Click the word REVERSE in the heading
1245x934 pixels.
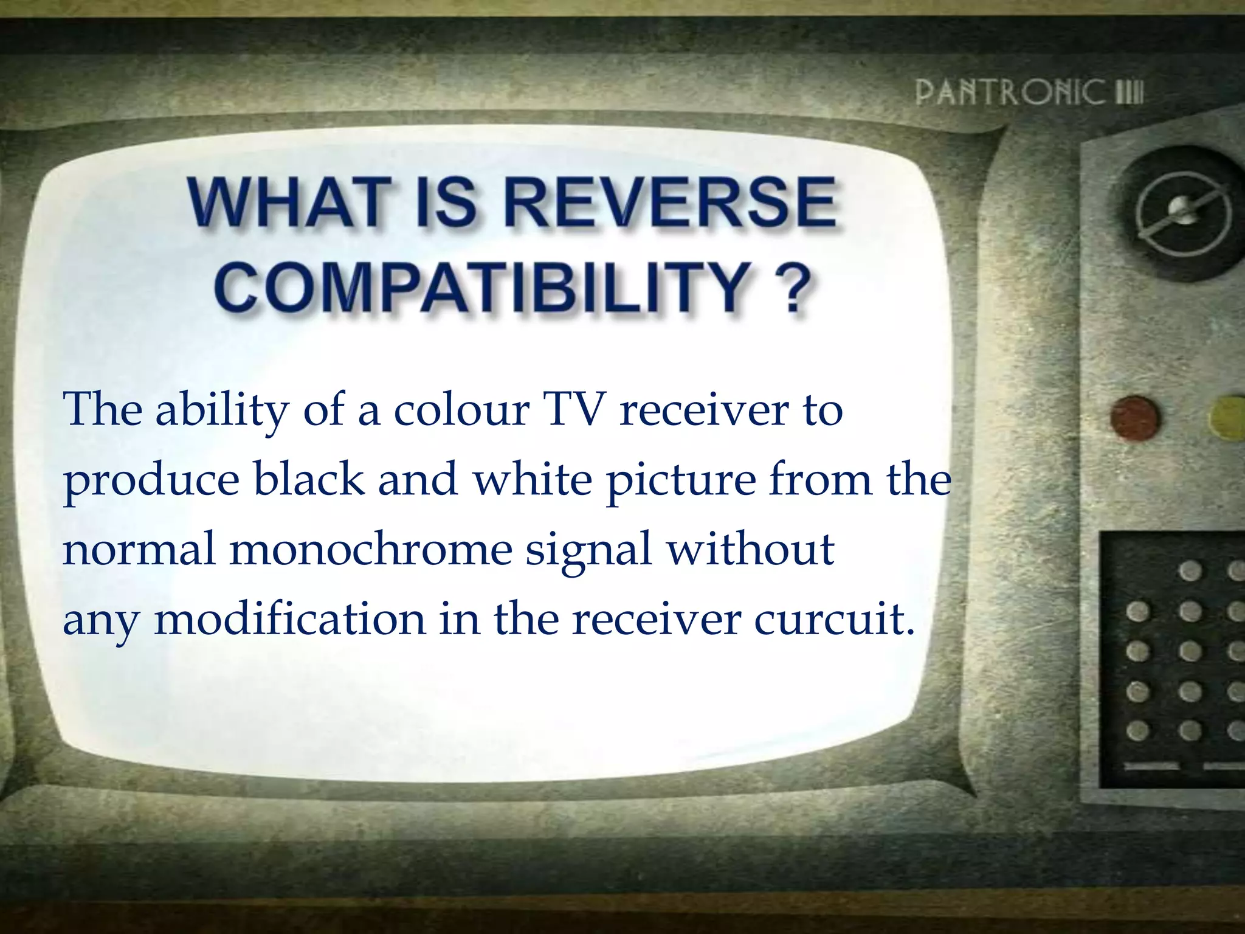[671, 202]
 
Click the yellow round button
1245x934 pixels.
[1228, 418]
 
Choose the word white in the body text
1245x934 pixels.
[533, 479]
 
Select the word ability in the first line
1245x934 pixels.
[222, 411]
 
